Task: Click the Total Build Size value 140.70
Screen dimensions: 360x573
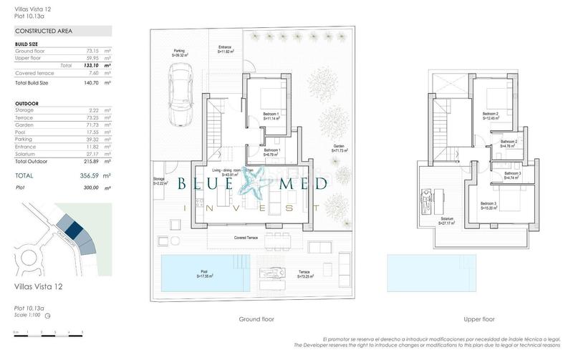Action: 91,83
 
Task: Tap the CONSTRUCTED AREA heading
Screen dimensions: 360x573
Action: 44,31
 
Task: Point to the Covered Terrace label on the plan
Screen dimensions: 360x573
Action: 246,238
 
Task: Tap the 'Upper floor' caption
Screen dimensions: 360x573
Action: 479,319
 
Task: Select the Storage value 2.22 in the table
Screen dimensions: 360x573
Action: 92,110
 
